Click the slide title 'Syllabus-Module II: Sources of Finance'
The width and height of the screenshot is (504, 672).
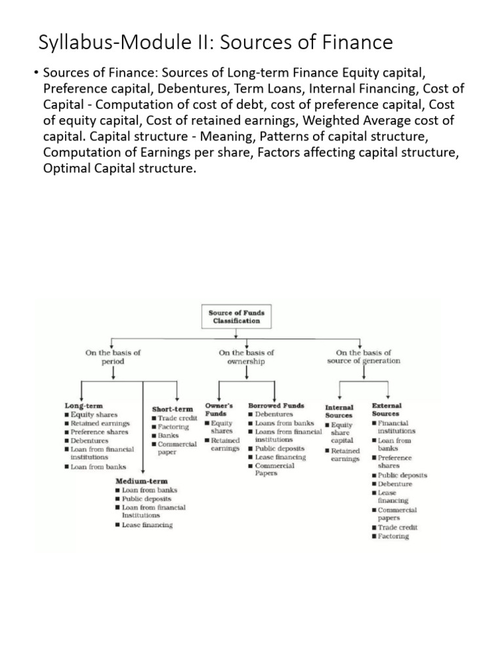tap(216, 43)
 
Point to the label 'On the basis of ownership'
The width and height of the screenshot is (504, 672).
tap(246, 356)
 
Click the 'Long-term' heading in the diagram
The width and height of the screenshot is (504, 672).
tap(83, 406)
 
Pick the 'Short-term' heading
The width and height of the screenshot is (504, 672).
tap(173, 409)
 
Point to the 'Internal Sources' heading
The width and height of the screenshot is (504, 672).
tap(339, 411)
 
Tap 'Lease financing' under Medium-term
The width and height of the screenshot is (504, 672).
tap(146, 525)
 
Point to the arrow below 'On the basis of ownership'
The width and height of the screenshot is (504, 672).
tap(246, 373)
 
